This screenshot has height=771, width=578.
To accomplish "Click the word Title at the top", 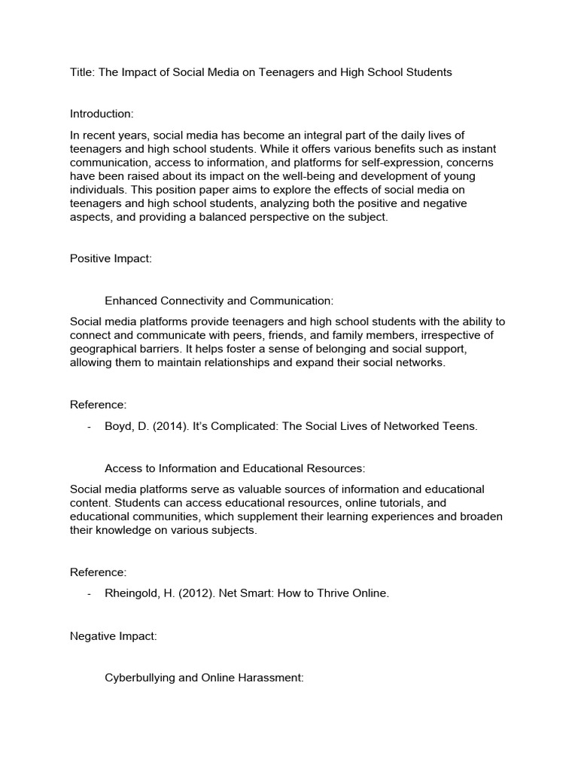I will coord(83,72).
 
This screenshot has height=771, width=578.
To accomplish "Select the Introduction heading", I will coord(102,114).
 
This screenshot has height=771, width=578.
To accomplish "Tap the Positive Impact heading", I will coord(111,258).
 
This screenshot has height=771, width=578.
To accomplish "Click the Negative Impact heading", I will coord(113,636).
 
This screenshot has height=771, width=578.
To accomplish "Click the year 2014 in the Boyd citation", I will coord(170,426).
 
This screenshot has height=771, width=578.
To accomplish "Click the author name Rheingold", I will coord(132,593).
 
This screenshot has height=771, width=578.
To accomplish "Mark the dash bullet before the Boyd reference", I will coord(89,426).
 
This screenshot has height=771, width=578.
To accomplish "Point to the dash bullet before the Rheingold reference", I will coord(89,593).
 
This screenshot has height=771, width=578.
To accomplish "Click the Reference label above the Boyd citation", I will coord(98,404).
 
